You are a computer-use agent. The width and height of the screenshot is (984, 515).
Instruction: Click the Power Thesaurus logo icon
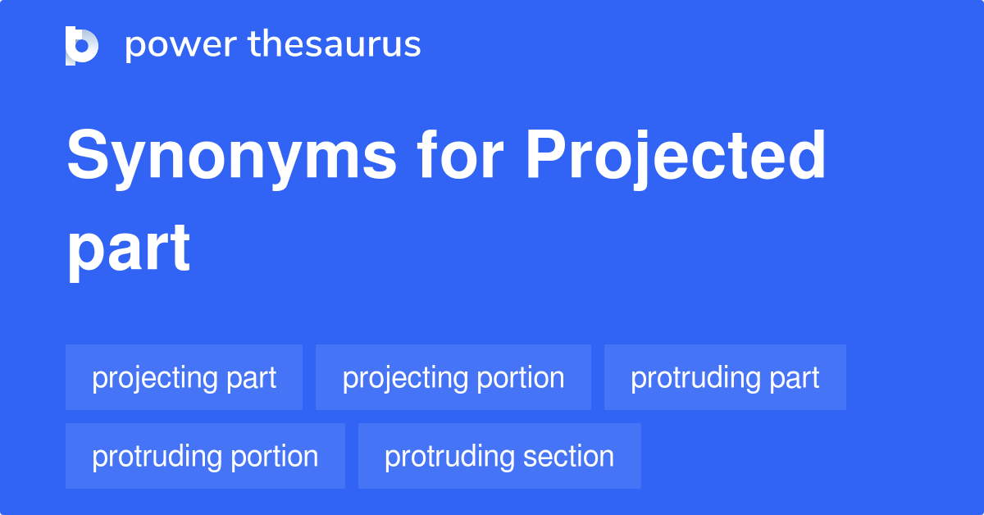pyautogui.click(x=82, y=45)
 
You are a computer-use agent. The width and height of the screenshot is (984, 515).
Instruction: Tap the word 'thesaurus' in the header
pyautogui.click(x=335, y=45)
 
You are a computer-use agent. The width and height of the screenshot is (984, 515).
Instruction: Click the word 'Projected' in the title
pyautogui.click(x=675, y=157)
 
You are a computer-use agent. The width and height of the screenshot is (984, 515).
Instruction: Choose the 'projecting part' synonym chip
pyautogui.click(x=184, y=378)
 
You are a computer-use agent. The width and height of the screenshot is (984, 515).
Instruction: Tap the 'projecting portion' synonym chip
pyautogui.click(x=453, y=378)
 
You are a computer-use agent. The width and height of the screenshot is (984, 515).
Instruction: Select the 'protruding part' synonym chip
pyautogui.click(x=725, y=378)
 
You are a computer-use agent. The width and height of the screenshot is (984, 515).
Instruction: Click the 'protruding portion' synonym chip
pyautogui.click(x=205, y=457)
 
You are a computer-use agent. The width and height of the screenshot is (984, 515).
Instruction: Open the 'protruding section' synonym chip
pyautogui.click(x=499, y=457)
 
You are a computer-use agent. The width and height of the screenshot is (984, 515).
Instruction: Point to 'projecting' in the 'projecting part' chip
pyautogui.click(x=154, y=378)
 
